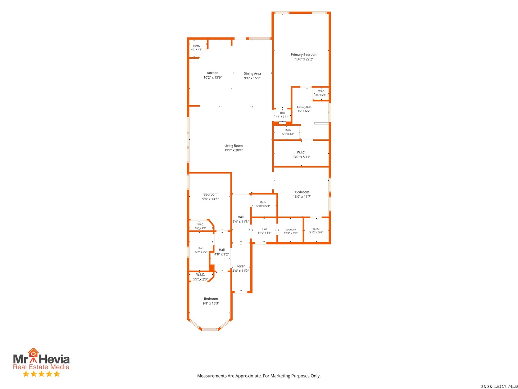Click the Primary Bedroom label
tap(304, 54)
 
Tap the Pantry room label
tap(196, 46)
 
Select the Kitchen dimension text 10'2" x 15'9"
tap(213, 77)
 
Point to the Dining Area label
tap(252, 73)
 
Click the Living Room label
tap(233, 146)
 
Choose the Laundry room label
tap(291, 229)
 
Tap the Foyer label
tap(241, 266)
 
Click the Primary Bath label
tap(304, 107)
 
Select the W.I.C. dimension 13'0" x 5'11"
tap(301, 157)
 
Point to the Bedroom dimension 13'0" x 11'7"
tap(302, 197)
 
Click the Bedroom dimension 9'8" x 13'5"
tap(210, 199)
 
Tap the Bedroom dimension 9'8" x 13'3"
tap(211, 303)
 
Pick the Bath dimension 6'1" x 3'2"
tap(288, 134)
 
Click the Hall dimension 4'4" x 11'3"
tap(241, 222)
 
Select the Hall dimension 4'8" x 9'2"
tap(222, 254)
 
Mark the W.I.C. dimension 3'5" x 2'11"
tap(321, 95)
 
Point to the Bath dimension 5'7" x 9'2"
tap(201, 252)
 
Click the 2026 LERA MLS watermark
tap(499, 386)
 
